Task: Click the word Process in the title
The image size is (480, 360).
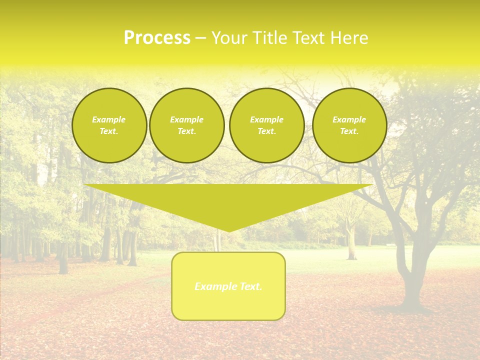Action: coord(157,38)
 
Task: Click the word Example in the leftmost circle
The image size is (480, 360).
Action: coord(109,119)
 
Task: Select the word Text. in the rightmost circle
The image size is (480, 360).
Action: coord(349,131)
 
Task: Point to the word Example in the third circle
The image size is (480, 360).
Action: coord(266,119)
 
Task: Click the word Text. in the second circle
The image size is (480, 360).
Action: coord(186,131)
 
